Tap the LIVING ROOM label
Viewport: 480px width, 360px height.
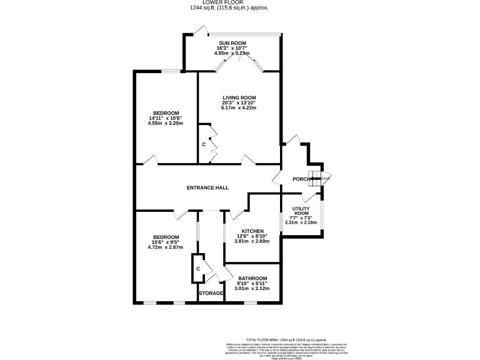[239, 97]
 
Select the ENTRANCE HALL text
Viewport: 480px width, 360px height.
[207, 187]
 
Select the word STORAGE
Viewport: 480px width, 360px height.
[211, 293]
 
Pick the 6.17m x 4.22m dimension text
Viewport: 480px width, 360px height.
[239, 108]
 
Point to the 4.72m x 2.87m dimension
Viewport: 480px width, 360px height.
[166, 247]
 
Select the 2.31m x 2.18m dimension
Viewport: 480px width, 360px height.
[301, 222]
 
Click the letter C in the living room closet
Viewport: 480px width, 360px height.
[204, 145]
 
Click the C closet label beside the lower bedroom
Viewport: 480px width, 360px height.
[198, 269]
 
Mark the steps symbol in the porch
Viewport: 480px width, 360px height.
[314, 177]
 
